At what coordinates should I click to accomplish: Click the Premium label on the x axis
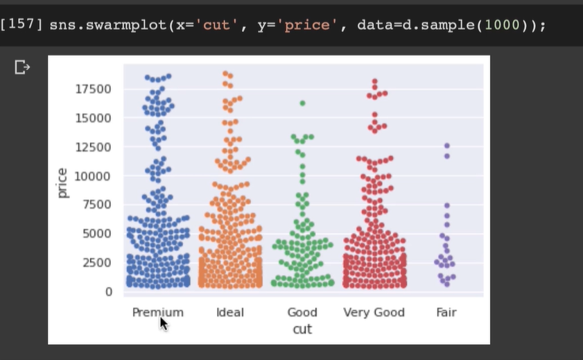[x=157, y=312]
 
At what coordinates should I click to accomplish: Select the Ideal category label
[x=230, y=312]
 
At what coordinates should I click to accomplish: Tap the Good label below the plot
[x=302, y=312]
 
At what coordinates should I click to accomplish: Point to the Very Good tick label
[x=374, y=312]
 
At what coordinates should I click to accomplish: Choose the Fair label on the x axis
[x=446, y=312]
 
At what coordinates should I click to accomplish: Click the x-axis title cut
[x=302, y=329]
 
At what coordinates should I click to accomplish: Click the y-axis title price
[x=63, y=183]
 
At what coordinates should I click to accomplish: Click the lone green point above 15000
[x=302, y=103]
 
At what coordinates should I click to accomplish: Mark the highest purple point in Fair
[x=447, y=146]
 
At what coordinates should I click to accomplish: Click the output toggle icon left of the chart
[x=22, y=67]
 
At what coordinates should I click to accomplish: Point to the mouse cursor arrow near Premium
[x=163, y=323]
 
